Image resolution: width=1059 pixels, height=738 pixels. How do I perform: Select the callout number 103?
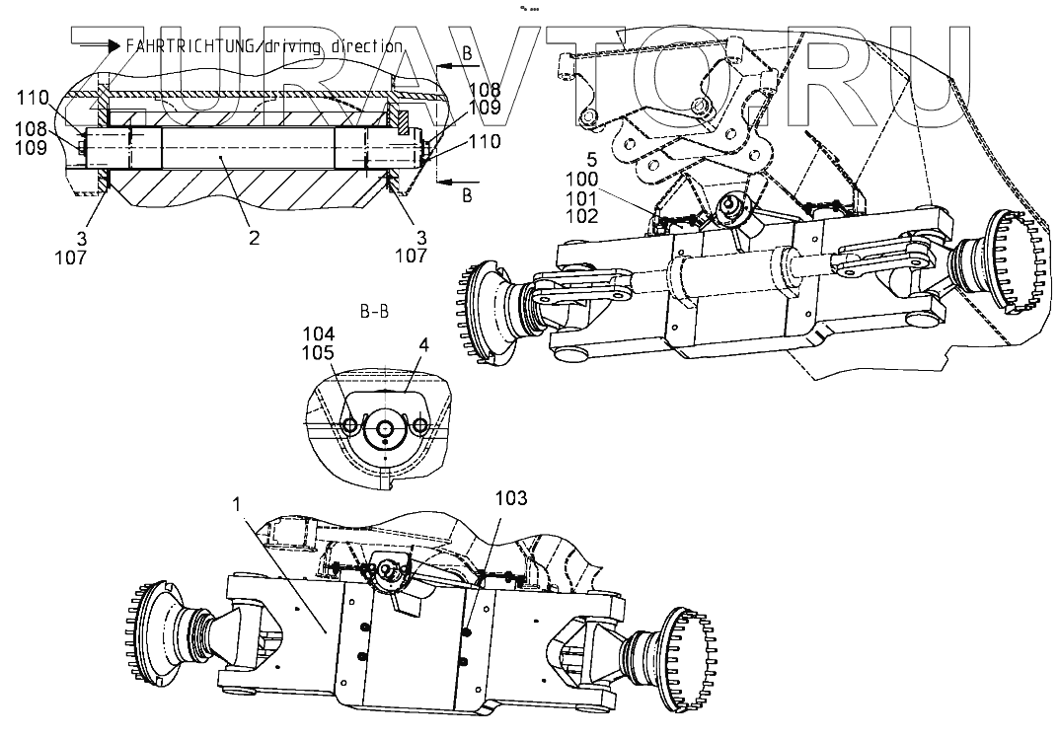coord(511,499)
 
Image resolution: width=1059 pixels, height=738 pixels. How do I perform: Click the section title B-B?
coord(374,311)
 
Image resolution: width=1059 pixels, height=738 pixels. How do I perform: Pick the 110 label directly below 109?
coord(484,142)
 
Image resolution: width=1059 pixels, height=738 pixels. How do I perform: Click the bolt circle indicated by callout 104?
coord(350,426)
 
